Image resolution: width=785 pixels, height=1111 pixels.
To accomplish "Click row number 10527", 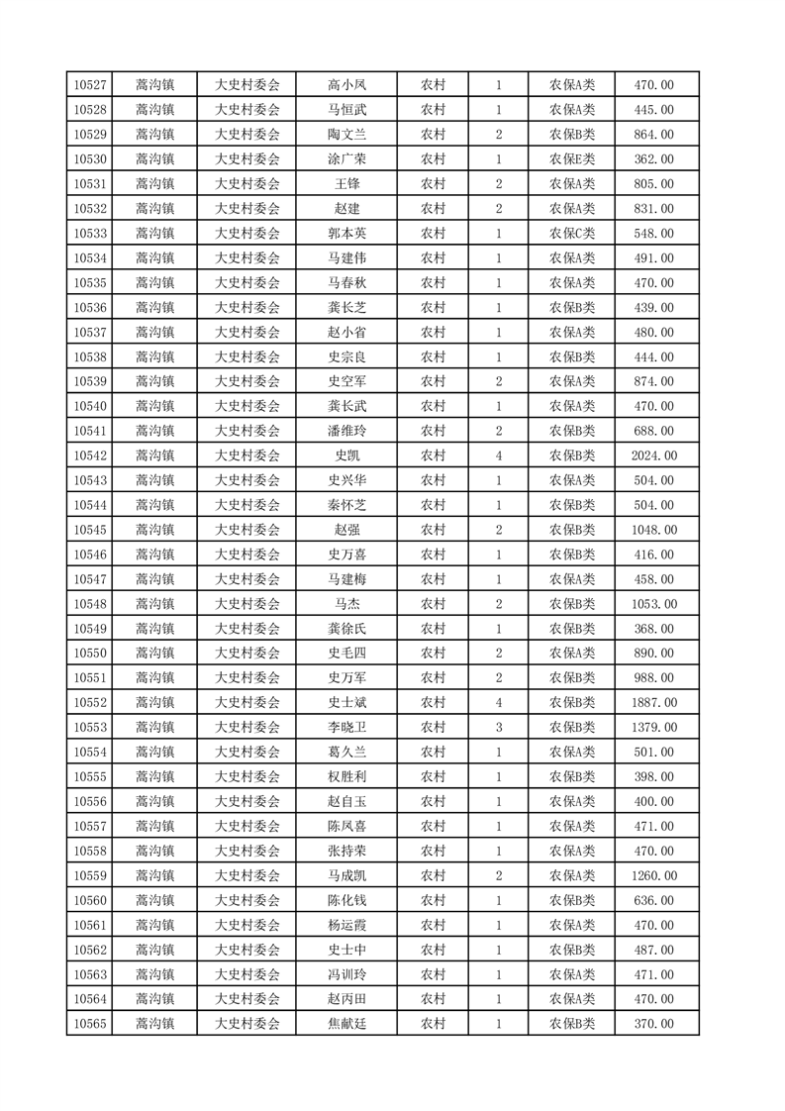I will (x=90, y=85).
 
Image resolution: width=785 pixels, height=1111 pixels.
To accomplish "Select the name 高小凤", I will (x=346, y=85).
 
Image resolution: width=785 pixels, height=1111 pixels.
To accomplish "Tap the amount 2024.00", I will (x=653, y=455).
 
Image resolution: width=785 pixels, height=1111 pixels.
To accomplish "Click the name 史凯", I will (x=346, y=455).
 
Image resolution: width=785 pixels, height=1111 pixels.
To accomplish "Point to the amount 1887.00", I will (x=653, y=703).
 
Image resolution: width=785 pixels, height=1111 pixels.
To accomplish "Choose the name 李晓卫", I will (x=346, y=728).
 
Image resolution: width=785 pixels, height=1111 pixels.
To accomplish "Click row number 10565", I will (x=90, y=1024).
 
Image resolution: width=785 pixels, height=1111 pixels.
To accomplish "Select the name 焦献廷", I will (x=346, y=1024).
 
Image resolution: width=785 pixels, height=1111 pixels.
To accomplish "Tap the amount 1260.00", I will (x=653, y=875).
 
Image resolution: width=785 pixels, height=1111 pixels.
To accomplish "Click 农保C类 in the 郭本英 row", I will (x=572, y=234).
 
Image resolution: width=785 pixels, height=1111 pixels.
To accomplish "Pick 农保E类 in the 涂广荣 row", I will (x=572, y=159).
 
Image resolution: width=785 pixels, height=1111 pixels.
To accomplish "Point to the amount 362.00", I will (x=653, y=159).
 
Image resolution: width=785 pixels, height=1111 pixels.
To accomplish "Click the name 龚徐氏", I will (x=346, y=629).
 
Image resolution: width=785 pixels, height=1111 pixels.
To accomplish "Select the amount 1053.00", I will (x=653, y=604).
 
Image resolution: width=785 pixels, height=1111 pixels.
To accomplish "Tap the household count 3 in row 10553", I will (x=499, y=728).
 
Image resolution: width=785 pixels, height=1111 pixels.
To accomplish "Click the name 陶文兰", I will (x=346, y=135).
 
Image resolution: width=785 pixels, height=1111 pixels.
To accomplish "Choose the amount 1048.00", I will (x=653, y=530).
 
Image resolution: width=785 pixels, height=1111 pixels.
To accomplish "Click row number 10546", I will (x=90, y=555).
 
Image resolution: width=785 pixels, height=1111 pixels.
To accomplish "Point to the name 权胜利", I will (x=346, y=777).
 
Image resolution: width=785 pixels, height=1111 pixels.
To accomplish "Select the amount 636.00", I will (x=653, y=900).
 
